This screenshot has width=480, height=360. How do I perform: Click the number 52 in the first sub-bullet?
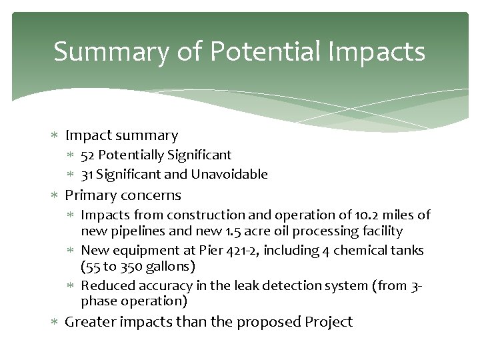tap(87, 155)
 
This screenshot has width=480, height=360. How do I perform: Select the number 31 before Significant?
tap(87, 175)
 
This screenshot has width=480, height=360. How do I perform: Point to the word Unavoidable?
tap(229, 175)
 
